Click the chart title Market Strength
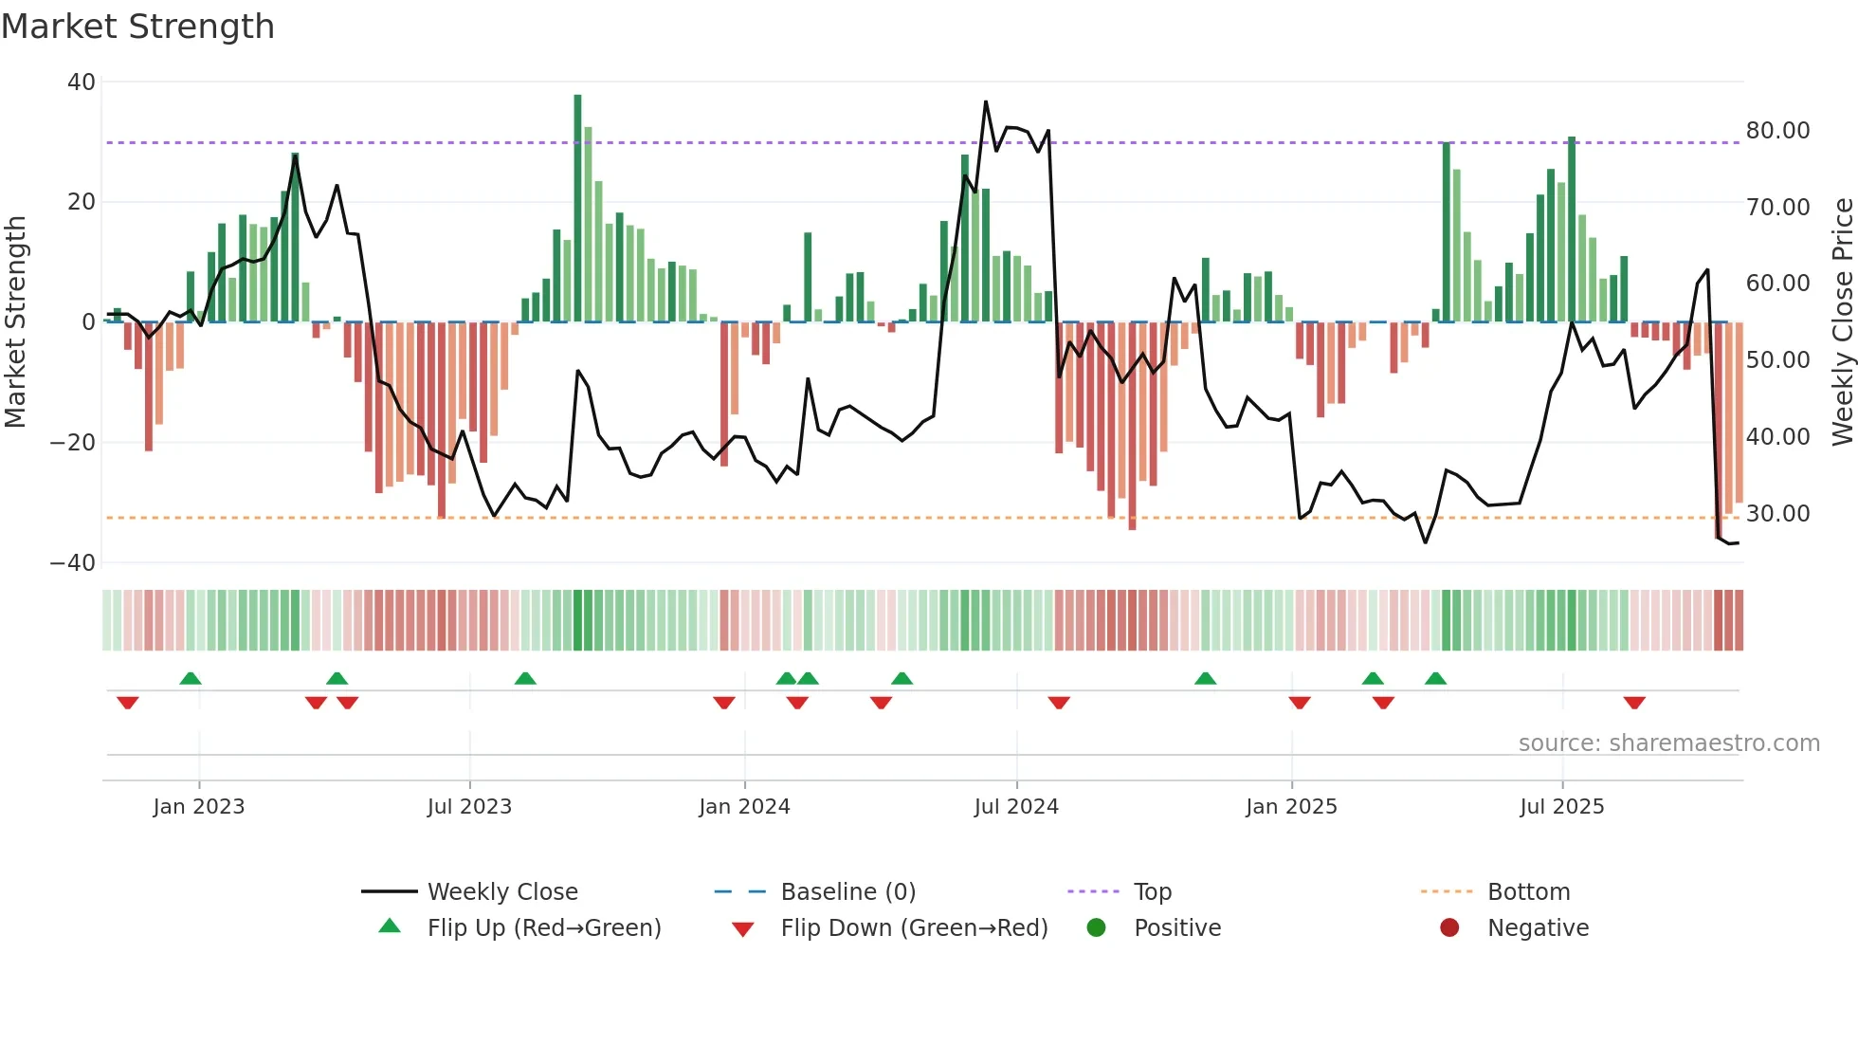(x=137, y=27)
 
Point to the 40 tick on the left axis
(x=82, y=82)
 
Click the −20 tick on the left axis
(x=73, y=443)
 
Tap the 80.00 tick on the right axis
(x=1777, y=131)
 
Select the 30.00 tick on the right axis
(x=1777, y=514)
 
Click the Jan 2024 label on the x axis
(x=744, y=807)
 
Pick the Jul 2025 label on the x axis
(x=1561, y=807)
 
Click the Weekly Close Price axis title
(x=1842, y=322)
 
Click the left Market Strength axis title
(x=16, y=322)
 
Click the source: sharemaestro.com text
(x=1668, y=743)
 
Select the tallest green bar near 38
(x=577, y=209)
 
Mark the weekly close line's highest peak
(x=986, y=102)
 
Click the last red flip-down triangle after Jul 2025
(x=1633, y=703)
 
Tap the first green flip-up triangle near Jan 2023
(x=191, y=678)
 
